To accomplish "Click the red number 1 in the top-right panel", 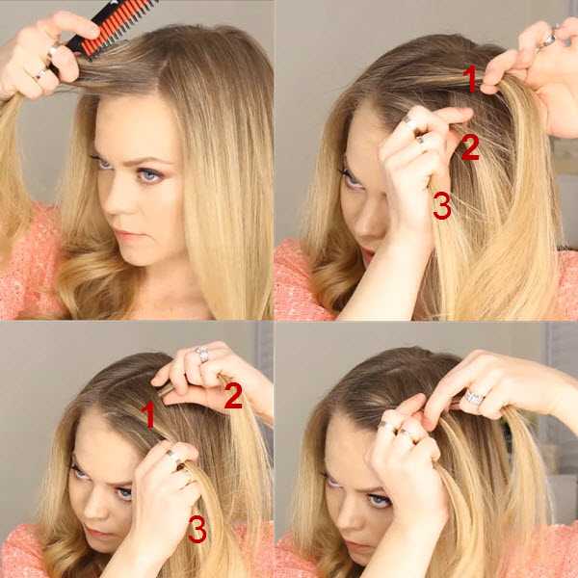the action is (470, 78).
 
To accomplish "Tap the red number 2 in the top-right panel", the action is (470, 147).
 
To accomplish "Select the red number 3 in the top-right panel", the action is (442, 205).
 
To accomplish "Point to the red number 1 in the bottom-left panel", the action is (148, 415).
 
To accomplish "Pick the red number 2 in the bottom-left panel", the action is (233, 396).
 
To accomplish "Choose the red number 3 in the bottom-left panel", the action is (197, 529).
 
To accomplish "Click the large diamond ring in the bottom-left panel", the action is (201, 354).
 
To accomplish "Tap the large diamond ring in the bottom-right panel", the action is (474, 397).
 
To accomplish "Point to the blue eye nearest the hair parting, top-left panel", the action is (149, 175).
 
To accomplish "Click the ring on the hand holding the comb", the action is (39, 75).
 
